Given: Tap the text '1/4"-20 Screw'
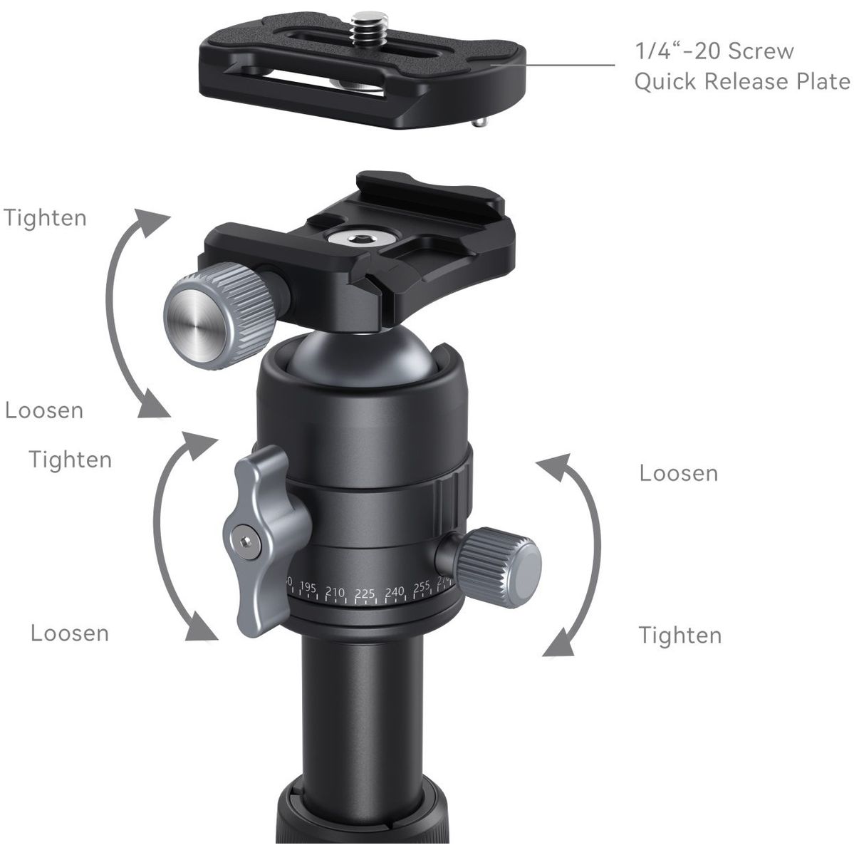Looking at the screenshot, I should tap(714, 52).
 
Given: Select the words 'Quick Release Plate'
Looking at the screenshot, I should tap(742, 82).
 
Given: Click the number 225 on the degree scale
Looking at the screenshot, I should tap(365, 593).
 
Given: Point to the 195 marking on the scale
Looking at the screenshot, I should tap(308, 588).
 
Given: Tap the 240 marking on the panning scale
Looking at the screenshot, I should tap(394, 592).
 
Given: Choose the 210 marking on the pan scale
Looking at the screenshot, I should tap(335, 591).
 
